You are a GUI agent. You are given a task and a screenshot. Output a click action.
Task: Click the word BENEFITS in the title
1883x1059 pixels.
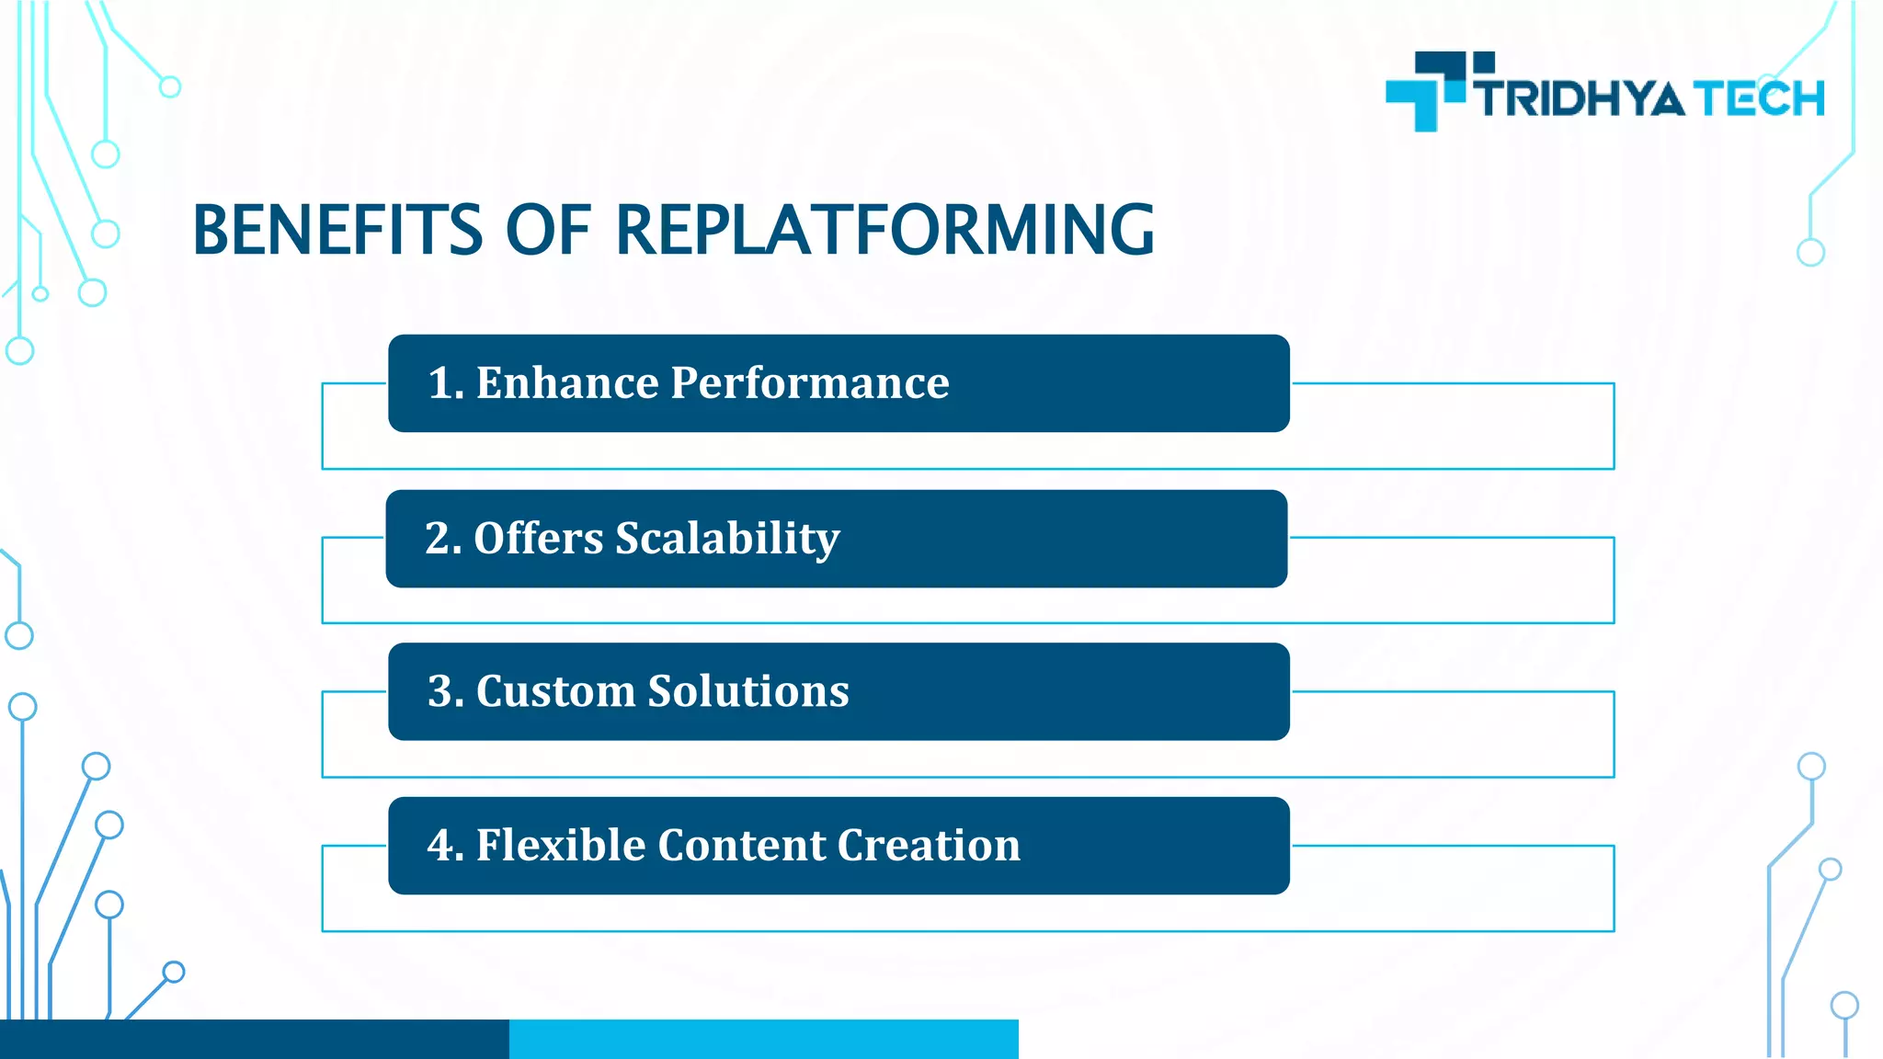337,230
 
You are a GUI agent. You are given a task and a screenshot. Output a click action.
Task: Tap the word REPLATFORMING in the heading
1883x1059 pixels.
884,230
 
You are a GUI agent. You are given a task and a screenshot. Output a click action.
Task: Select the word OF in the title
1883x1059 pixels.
548,230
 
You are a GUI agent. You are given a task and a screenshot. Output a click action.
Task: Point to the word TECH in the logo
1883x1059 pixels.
1759,99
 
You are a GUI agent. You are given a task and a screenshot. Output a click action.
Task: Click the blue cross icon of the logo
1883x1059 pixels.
1426,92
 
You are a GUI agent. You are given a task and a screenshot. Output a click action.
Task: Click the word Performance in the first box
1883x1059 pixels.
809,383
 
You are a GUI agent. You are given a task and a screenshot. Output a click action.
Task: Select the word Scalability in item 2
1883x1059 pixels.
727,539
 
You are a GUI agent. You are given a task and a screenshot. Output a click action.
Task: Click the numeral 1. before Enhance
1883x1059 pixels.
446,383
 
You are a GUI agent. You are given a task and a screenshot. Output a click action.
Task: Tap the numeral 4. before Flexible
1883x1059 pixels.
446,846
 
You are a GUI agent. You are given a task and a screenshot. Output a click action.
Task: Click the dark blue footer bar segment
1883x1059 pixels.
254,1039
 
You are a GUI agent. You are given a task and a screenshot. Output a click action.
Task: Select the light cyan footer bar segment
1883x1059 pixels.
763,1039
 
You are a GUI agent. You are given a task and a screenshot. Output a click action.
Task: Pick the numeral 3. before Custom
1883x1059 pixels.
446,691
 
